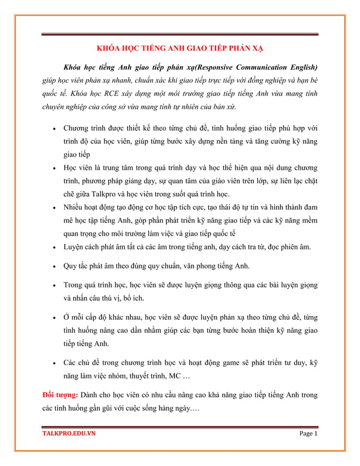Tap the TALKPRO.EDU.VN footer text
point(69,434)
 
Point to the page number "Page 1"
point(308,434)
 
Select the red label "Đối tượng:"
point(60,393)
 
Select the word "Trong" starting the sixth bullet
point(75,285)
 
